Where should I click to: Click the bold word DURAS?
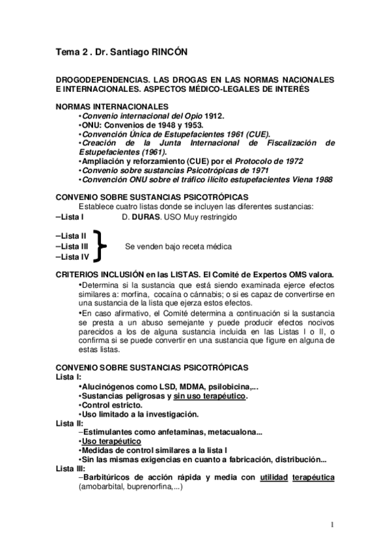tap(146, 217)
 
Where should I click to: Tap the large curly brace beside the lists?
tap(99, 247)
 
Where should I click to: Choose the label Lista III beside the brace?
tap(74, 247)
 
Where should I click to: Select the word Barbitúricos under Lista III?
tap(111, 477)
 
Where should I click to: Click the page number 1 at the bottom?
tap(332, 525)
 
